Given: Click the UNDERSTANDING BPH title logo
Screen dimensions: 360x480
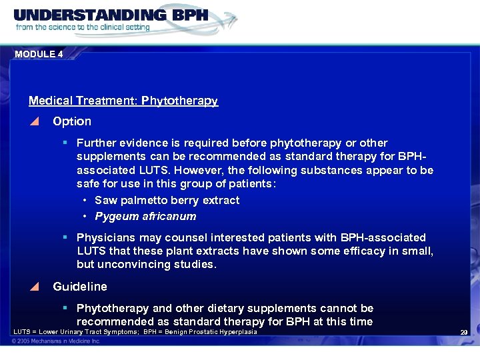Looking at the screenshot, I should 111,15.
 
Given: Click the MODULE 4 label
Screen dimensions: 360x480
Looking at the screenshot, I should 39,54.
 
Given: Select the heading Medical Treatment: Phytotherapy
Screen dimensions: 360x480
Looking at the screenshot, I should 123,101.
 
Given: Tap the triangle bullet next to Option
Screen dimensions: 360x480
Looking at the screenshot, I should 35,121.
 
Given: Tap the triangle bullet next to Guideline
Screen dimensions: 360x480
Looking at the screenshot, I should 35,287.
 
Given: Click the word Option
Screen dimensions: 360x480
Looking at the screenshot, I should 72,121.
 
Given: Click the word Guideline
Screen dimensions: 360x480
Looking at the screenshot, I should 80,287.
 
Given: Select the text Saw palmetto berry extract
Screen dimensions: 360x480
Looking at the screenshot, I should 167,200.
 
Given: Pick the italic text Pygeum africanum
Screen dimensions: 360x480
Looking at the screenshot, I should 145,216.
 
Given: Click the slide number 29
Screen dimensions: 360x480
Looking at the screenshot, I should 463,333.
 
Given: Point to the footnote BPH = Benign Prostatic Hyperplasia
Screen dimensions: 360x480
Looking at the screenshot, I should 200,332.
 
